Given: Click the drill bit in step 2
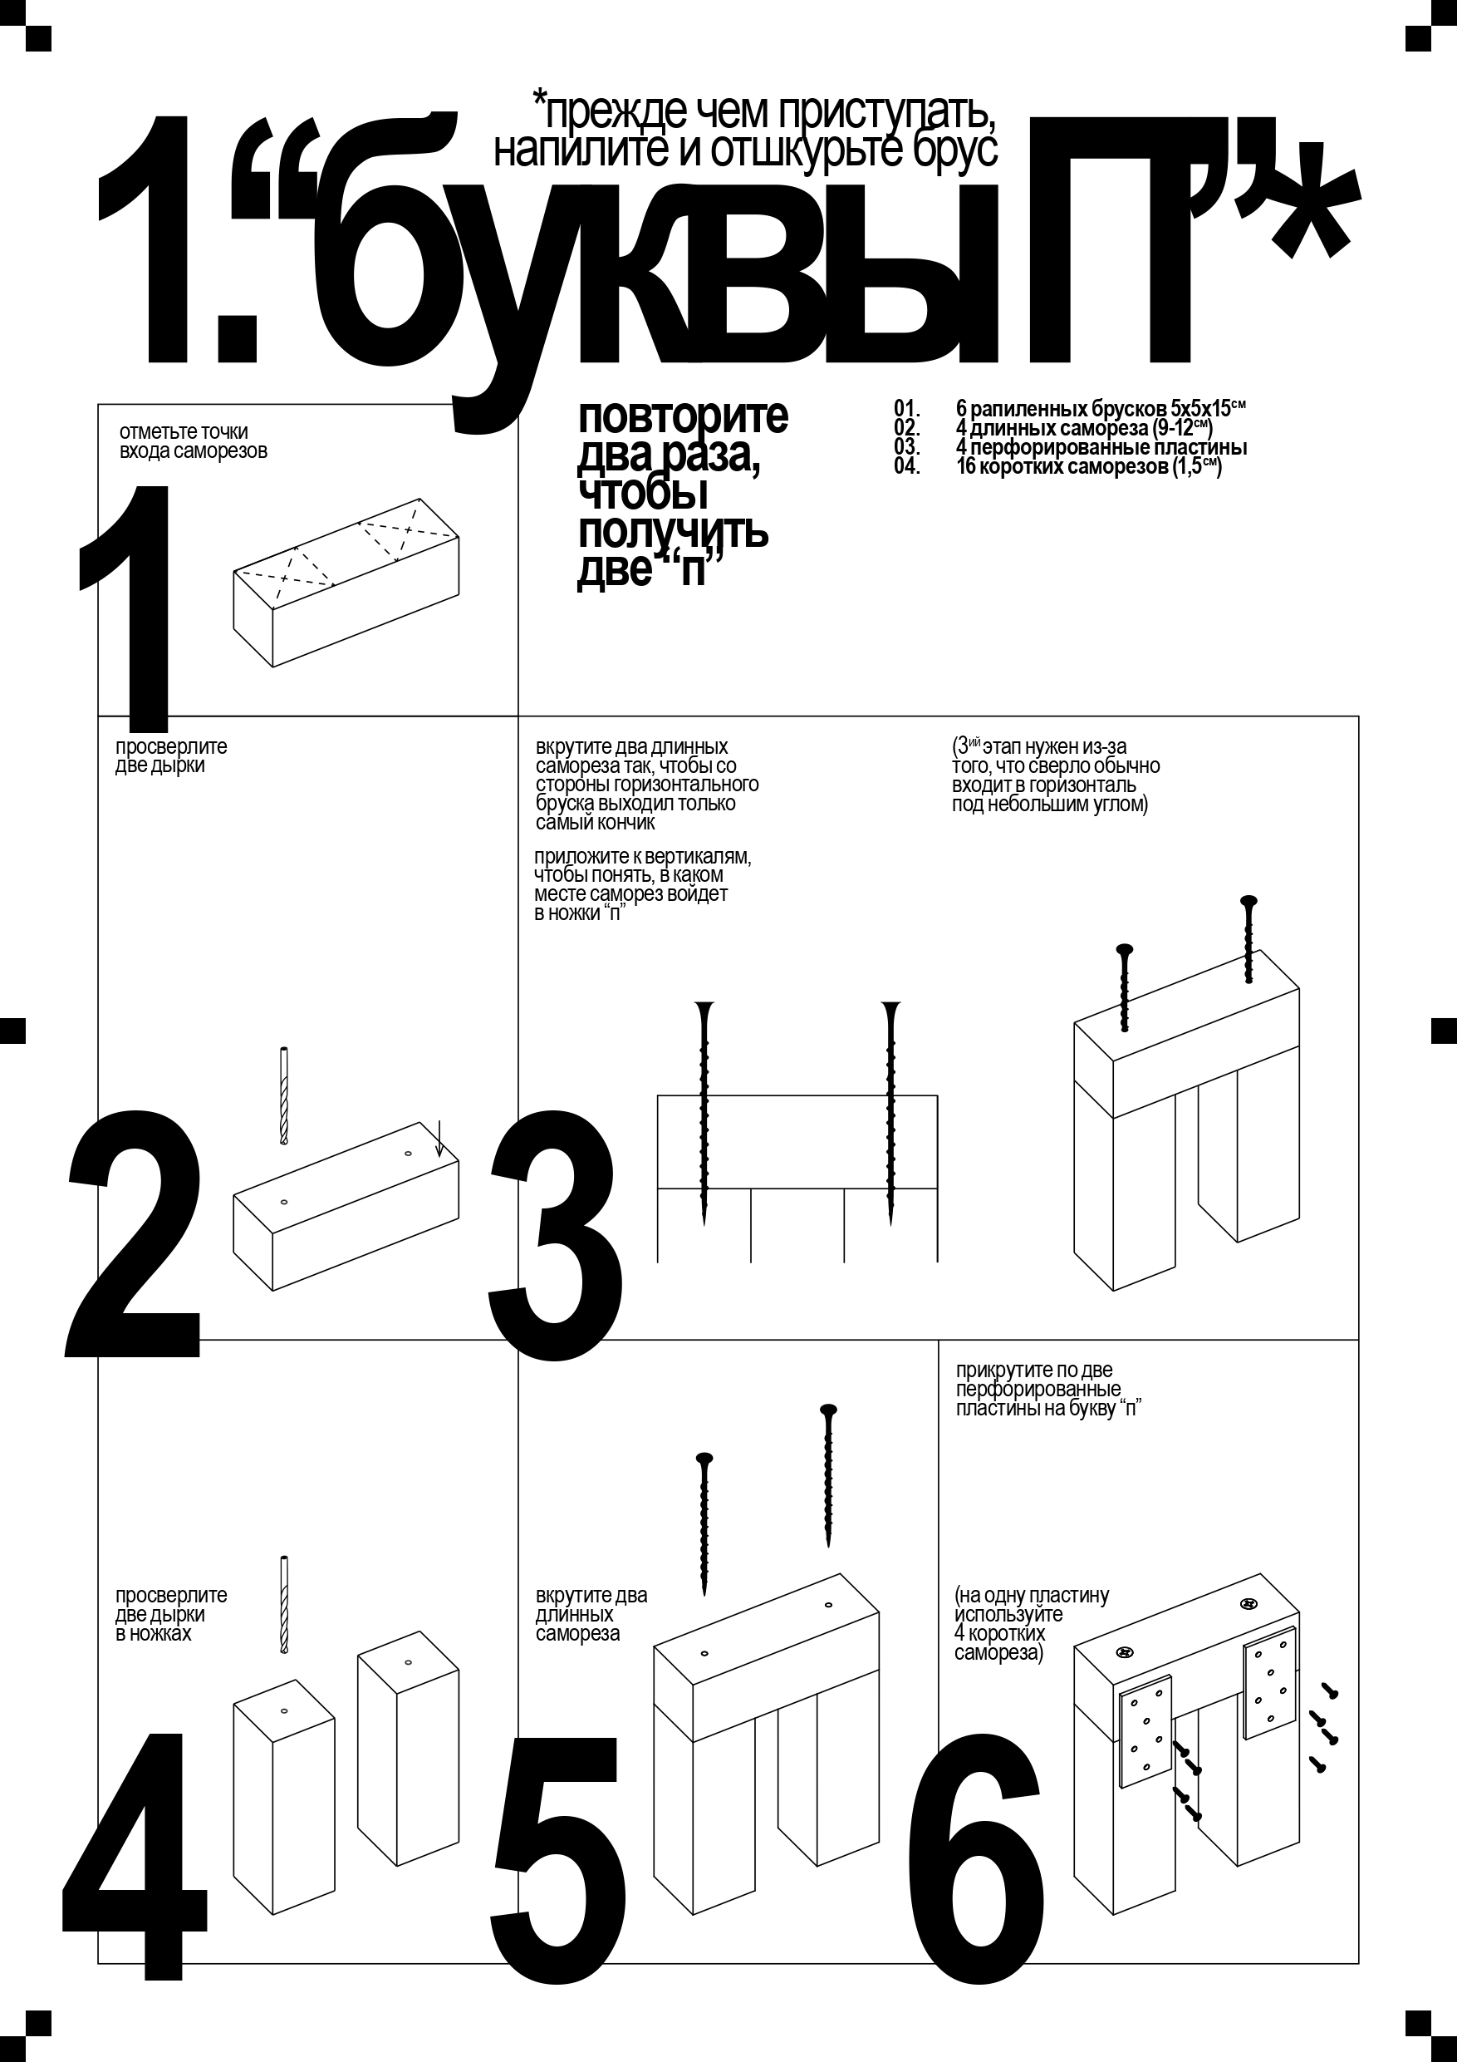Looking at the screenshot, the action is click(x=285, y=1095).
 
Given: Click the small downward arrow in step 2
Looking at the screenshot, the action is click(x=439, y=1139).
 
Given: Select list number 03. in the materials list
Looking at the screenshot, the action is click(x=907, y=446).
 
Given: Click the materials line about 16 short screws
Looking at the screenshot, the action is click(x=1089, y=466).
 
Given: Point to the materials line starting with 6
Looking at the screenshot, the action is click(x=1101, y=409).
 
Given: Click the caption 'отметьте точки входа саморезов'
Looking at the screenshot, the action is click(x=193, y=441).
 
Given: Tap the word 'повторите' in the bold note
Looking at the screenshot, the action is click(x=682, y=416).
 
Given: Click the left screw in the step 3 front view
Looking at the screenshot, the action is click(x=704, y=1113).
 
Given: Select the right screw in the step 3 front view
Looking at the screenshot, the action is click(x=890, y=1113).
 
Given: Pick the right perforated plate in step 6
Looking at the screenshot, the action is click(x=1270, y=1681).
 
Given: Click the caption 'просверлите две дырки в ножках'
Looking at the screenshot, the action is click(x=170, y=1614).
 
